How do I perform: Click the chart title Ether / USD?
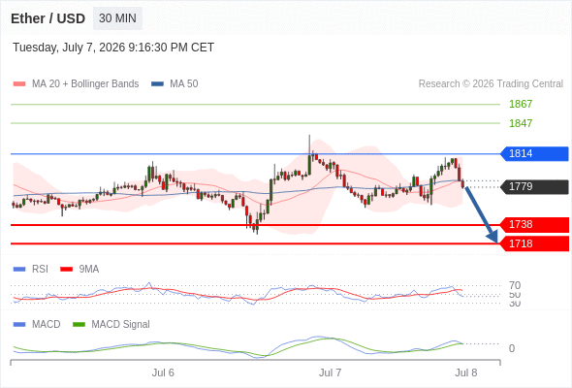(x=48, y=18)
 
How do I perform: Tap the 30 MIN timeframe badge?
(x=117, y=18)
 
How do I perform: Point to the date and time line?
(x=113, y=48)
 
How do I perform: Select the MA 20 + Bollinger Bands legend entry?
(x=76, y=84)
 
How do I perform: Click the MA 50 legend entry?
(x=175, y=84)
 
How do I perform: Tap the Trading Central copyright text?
(x=491, y=84)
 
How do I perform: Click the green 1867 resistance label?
(x=521, y=104)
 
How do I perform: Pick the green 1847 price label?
(x=521, y=123)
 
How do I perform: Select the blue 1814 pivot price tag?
(x=534, y=153)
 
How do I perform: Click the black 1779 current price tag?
(x=534, y=187)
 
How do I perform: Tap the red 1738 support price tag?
(x=534, y=224)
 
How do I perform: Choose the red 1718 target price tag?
(x=534, y=243)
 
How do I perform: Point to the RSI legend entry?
(x=31, y=270)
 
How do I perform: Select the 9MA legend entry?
(x=79, y=270)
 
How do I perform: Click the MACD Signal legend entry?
(x=111, y=325)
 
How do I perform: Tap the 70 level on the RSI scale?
(x=515, y=285)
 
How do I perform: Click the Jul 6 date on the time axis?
(x=163, y=372)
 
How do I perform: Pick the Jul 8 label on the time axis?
(x=466, y=372)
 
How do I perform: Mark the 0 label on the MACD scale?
(x=512, y=348)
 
